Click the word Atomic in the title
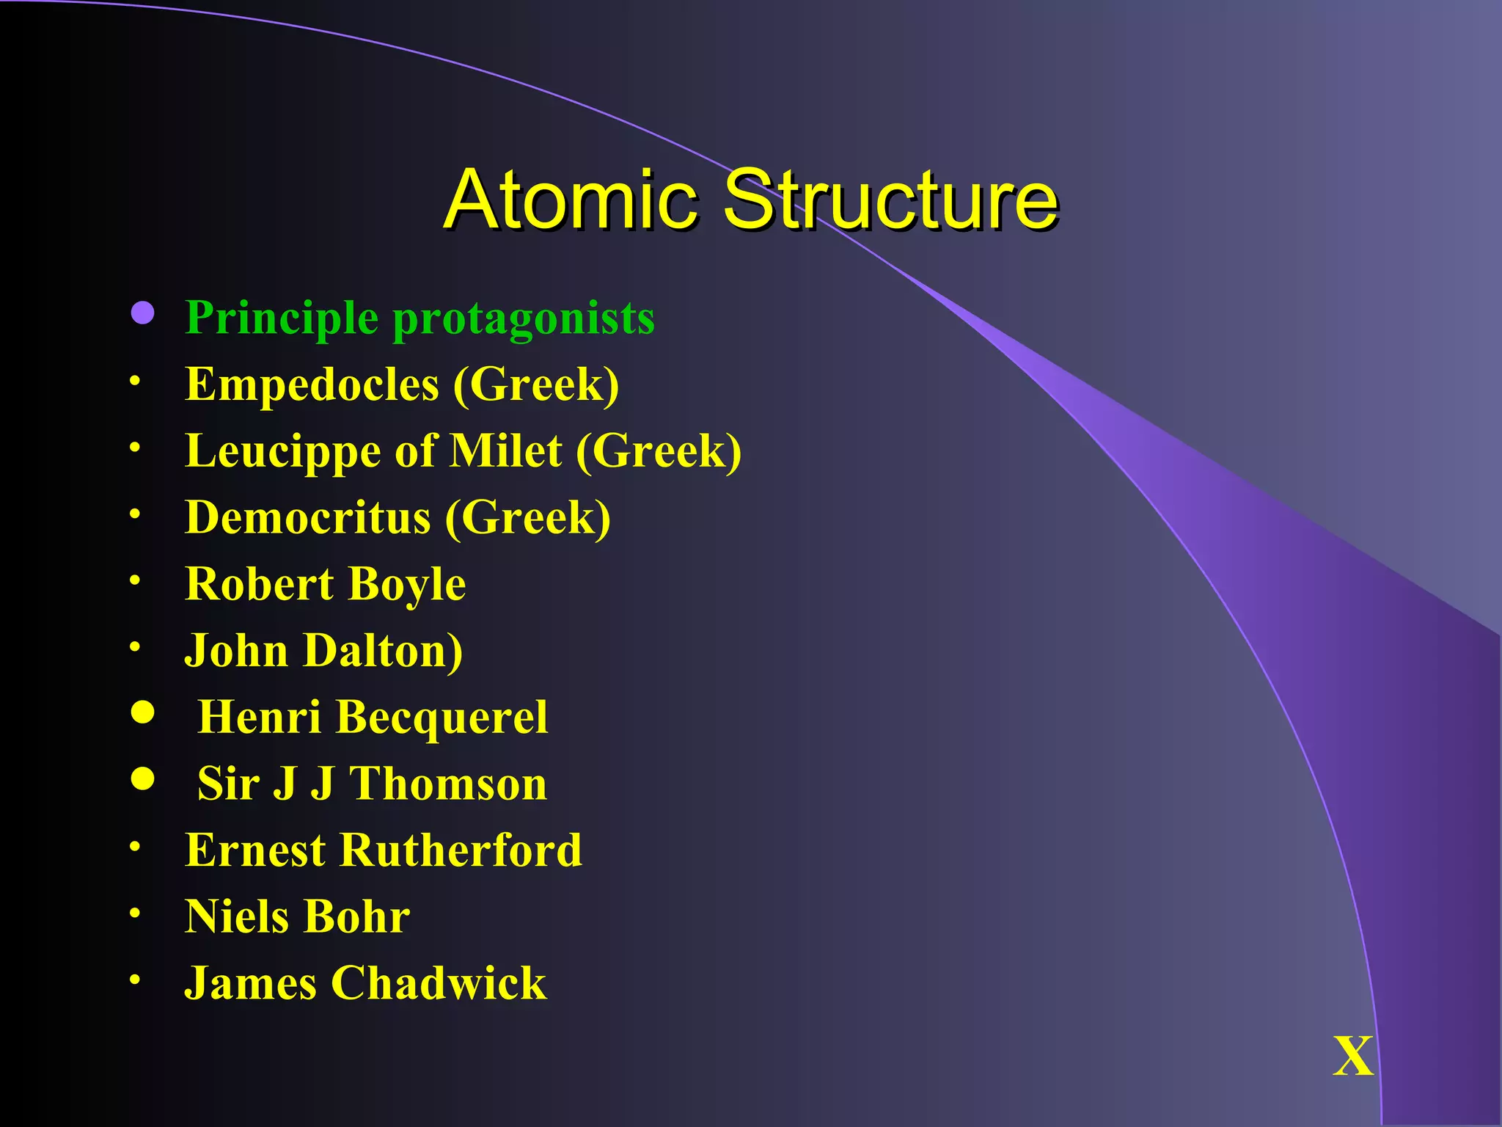571,200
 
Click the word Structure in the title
890,200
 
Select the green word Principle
282,318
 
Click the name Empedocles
312,385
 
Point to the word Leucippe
282,452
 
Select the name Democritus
307,517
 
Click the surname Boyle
408,585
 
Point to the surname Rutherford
461,850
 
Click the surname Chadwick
439,983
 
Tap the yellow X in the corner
1353,1057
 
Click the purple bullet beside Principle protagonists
142,313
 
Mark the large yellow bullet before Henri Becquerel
142,712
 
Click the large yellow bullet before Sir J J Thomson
142,778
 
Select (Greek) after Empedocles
536,385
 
